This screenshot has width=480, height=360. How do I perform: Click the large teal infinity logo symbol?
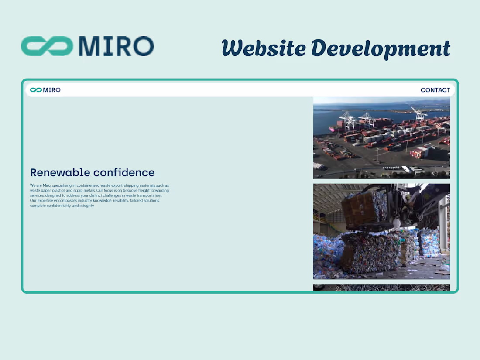47,46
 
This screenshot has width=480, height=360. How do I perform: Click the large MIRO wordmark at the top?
116,46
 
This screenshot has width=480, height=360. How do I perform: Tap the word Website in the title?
264,48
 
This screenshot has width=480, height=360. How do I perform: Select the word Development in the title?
381,48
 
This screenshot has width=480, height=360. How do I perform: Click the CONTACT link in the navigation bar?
435,90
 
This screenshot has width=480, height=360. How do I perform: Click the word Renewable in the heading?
60,172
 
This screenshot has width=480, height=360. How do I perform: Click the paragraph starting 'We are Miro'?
99,195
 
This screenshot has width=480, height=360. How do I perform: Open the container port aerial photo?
381,138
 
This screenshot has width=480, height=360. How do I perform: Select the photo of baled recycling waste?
381,231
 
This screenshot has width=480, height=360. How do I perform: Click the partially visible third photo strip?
381,288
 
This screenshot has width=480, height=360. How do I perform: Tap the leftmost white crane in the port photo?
347,119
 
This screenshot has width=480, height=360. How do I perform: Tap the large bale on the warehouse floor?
371,252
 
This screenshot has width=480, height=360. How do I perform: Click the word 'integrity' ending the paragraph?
86,206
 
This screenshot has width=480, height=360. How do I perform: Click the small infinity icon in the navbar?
36,90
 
